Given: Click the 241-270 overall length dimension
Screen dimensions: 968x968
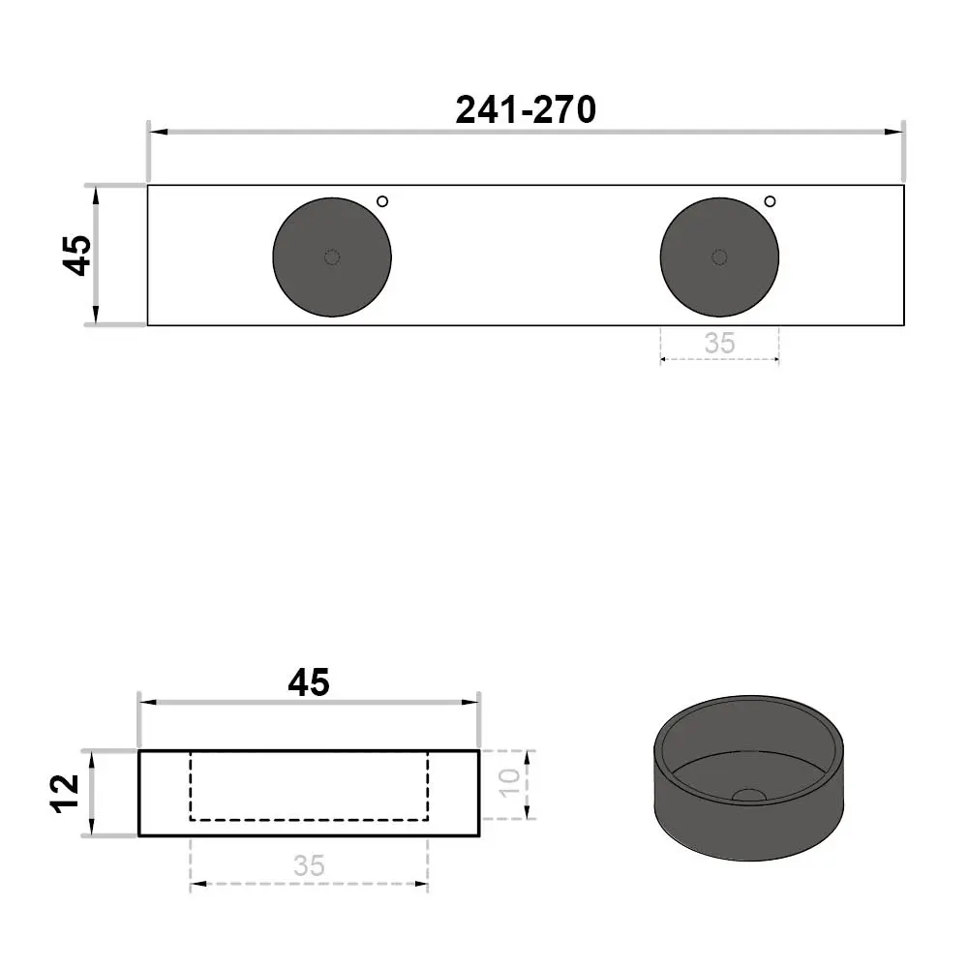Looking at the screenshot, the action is (x=526, y=110).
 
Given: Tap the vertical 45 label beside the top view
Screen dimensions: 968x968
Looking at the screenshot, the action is (x=77, y=255).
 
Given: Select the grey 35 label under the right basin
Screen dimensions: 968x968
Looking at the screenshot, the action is (x=719, y=344).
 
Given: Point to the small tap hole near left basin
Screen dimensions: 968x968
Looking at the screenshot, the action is (x=382, y=201).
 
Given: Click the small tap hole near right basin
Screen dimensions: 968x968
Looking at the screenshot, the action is (x=770, y=201).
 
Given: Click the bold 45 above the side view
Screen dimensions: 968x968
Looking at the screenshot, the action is (x=309, y=682).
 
